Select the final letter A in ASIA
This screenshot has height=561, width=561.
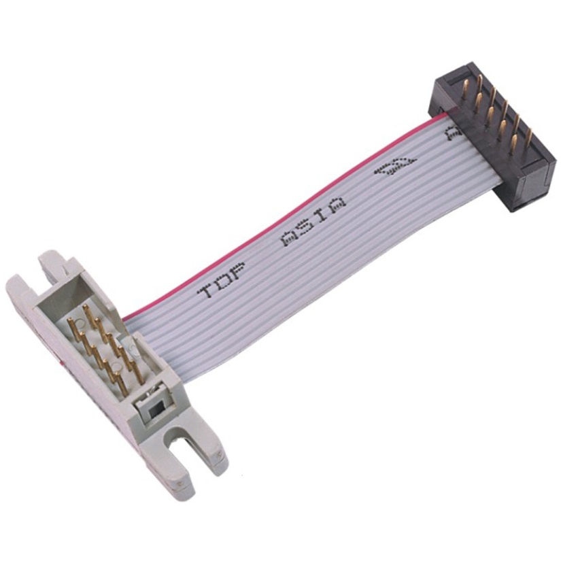point(337,203)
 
